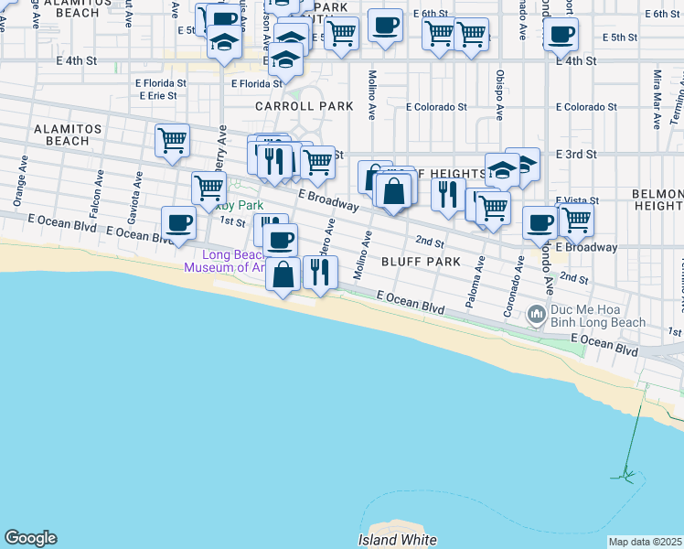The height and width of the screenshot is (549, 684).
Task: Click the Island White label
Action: [x=398, y=540]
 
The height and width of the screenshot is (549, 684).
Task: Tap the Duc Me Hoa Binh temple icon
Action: [x=539, y=316]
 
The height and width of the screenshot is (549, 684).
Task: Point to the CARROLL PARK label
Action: [x=305, y=106]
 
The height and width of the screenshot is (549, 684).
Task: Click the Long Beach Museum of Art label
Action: [x=227, y=262]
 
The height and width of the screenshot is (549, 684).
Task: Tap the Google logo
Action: [x=30, y=538]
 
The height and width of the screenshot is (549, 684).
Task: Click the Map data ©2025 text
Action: [x=646, y=542]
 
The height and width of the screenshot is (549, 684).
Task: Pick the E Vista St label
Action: [x=577, y=200]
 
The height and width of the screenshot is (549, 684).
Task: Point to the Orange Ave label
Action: [x=19, y=186]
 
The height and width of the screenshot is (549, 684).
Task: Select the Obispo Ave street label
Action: [x=499, y=95]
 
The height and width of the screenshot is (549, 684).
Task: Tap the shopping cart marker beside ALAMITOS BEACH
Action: [x=172, y=141]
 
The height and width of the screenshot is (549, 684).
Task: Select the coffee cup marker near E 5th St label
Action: [x=561, y=36]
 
